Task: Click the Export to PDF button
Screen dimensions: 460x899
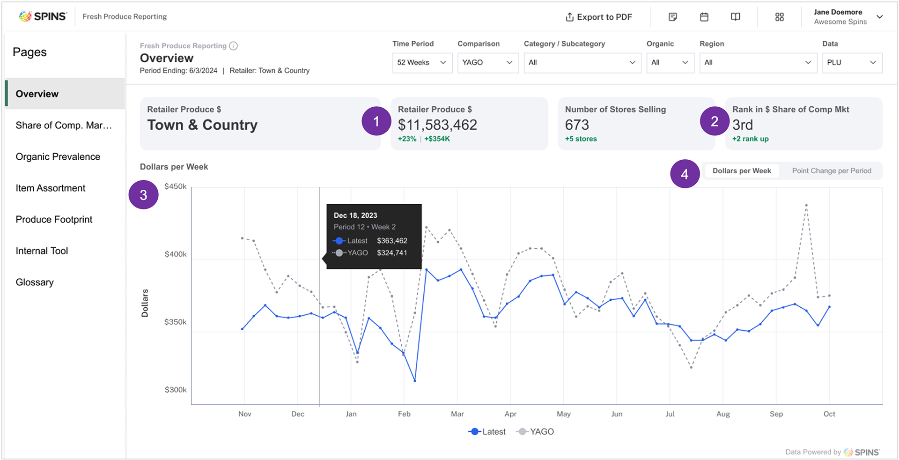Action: coord(599,17)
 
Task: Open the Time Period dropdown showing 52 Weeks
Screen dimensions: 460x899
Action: coord(422,62)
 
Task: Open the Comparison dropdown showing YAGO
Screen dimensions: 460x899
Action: coord(487,62)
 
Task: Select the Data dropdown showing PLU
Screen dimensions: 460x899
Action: coord(852,62)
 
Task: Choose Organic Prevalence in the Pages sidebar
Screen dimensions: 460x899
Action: coord(58,156)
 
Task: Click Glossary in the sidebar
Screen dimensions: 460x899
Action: coord(35,282)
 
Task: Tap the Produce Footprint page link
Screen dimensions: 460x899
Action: coord(54,219)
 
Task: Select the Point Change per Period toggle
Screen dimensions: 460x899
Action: coord(831,171)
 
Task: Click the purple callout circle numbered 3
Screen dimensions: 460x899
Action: coord(143,195)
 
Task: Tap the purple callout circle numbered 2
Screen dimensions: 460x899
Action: coord(715,121)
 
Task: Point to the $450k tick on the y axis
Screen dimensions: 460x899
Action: coord(175,186)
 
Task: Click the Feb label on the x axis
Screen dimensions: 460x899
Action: coord(404,414)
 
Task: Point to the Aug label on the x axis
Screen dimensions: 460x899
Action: coord(723,414)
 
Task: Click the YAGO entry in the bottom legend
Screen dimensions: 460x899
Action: coord(536,431)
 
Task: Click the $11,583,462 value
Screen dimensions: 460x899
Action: coord(437,125)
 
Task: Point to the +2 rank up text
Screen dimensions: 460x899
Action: coord(750,139)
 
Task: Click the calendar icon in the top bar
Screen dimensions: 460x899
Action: coord(704,17)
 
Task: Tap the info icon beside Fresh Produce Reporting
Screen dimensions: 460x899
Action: coord(233,46)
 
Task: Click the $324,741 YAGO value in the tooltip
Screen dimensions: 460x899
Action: coord(392,253)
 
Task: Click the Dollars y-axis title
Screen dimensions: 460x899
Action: coord(145,303)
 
